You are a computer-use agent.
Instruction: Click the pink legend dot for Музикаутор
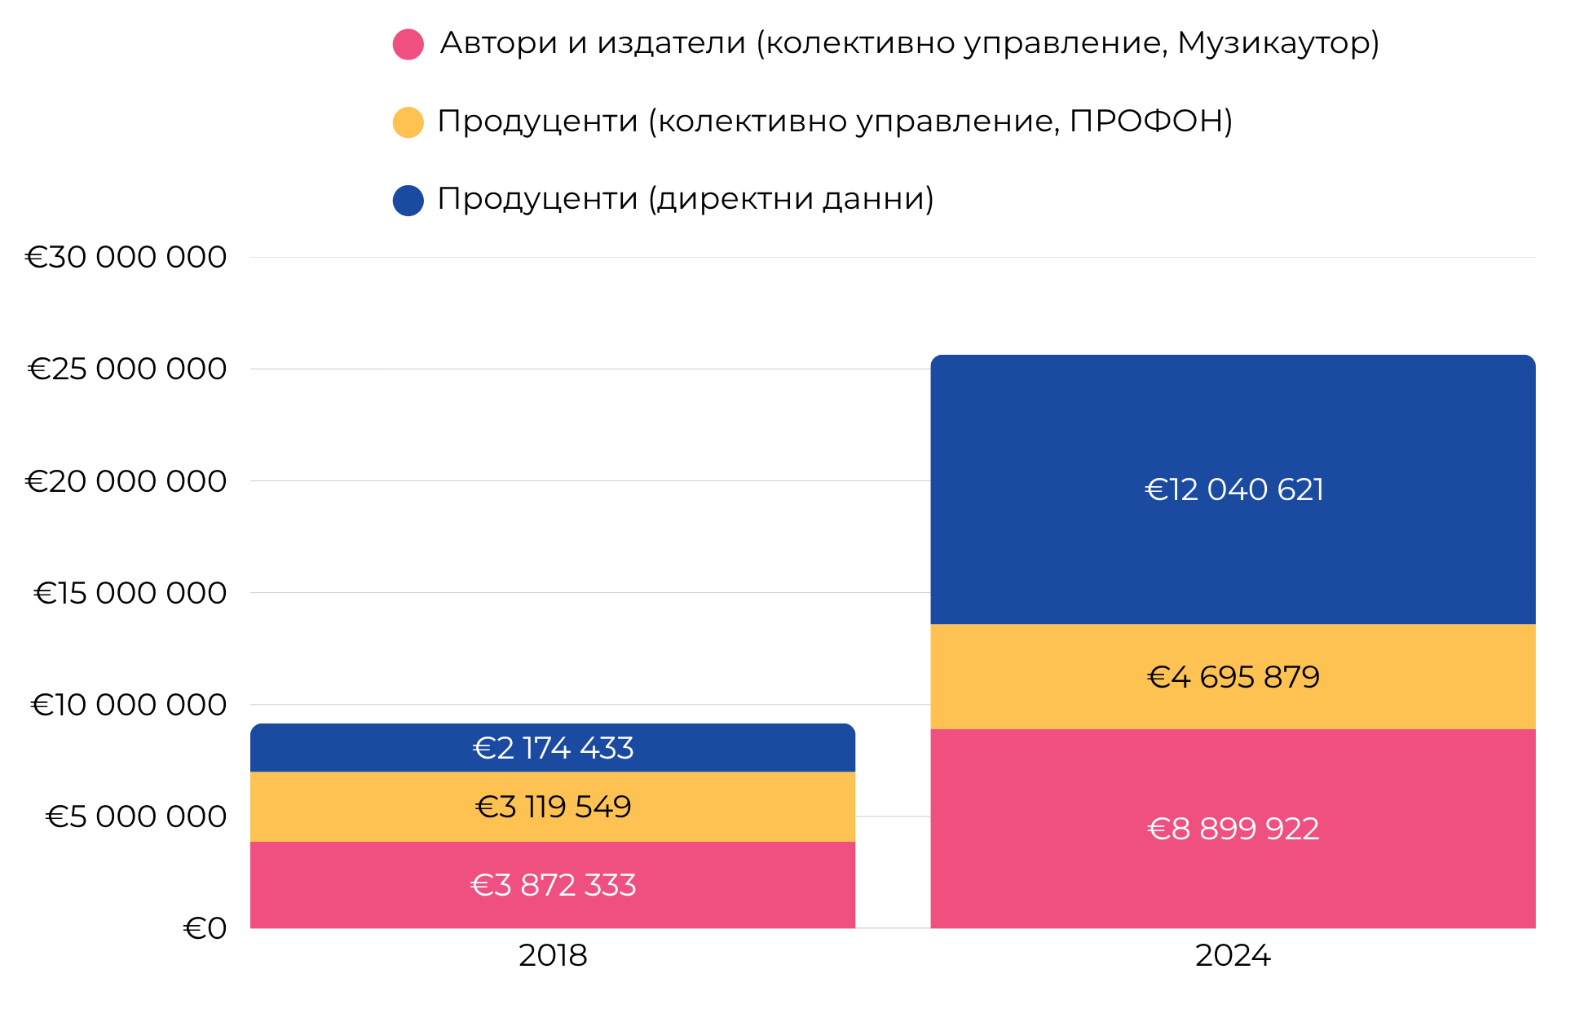408,44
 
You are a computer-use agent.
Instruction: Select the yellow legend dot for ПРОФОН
408,122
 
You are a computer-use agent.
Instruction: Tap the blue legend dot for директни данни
408,200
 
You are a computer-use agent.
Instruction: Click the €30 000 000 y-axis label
126,257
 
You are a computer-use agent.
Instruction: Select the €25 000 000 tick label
128,369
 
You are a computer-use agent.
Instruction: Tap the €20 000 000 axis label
126,481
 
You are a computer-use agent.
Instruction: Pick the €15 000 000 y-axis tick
130,593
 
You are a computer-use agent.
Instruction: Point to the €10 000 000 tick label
129,705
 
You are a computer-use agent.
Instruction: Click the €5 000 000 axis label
136,816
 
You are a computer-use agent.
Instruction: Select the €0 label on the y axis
205,928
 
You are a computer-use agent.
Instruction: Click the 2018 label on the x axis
553,955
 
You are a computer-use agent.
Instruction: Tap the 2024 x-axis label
1233,955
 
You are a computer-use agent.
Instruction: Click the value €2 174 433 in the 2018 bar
553,748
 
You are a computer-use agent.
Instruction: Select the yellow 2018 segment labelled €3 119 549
553,807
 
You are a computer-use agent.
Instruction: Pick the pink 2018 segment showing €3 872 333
553,885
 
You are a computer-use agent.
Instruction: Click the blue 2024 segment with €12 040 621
1233,489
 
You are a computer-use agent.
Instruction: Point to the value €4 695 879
1233,677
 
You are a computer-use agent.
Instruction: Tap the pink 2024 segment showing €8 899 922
1233,829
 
